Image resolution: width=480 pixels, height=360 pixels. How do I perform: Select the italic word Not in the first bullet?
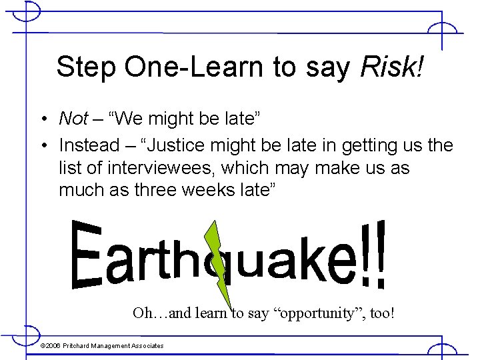pyautogui.click(x=73, y=119)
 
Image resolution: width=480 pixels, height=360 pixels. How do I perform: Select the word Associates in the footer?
pyautogui.click(x=147, y=345)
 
